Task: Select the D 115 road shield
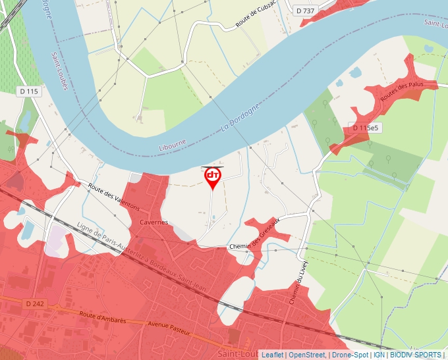click(x=28, y=91)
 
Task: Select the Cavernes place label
click(x=154, y=222)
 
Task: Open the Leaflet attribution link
click(x=272, y=355)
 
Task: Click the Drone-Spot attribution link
click(x=350, y=355)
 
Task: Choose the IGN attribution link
click(x=379, y=355)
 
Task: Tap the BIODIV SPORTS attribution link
click(x=415, y=355)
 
